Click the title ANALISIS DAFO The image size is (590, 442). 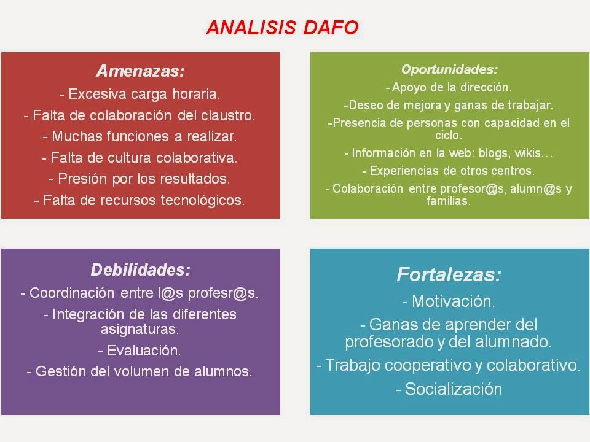coord(282,28)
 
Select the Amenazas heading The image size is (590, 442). coord(140,71)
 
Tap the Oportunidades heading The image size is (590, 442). coord(449,69)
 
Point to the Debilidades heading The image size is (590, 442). coord(140,269)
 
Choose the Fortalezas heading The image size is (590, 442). coord(449,274)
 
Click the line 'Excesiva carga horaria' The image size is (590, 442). coord(140,95)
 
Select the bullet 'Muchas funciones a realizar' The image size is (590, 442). coord(140,136)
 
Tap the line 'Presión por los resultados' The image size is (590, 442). coord(140,179)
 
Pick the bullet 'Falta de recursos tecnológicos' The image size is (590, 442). coord(140,200)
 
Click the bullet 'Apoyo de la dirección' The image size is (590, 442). coord(449,87)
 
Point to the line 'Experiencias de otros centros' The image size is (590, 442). coord(449,171)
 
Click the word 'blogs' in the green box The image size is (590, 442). coord(495,153)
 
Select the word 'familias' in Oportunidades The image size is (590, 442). coord(449,200)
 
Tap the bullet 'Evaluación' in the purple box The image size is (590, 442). coord(140,351)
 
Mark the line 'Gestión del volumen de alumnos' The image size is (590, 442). coord(140,371)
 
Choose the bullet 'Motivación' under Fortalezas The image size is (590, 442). coord(449,301)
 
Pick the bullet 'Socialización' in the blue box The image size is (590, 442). coord(449,389)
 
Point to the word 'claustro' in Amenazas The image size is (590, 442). coord(226,115)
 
